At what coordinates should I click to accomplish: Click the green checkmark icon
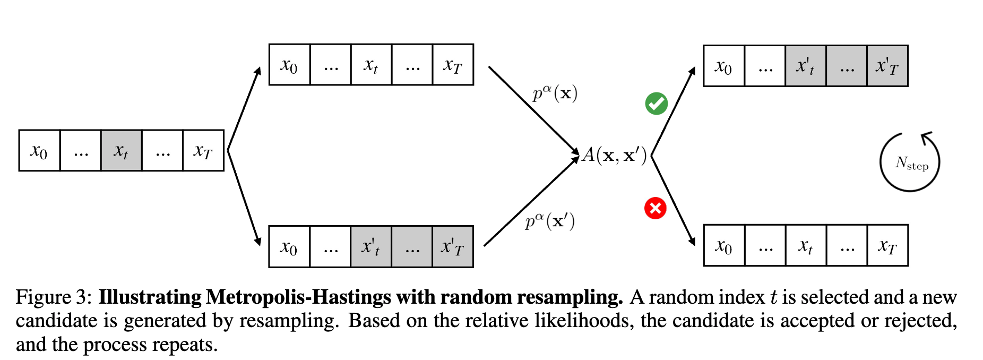(x=656, y=104)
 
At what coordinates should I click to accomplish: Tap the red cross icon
(x=655, y=208)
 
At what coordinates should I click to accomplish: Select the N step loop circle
(x=910, y=162)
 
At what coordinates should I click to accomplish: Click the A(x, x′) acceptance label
(x=615, y=155)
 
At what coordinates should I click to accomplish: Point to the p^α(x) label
(x=555, y=93)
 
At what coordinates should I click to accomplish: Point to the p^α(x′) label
(x=550, y=221)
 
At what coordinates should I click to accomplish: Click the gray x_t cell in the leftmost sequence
(x=121, y=151)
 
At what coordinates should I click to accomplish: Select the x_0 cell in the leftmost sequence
(x=39, y=151)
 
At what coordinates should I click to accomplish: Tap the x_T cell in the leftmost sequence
(x=203, y=151)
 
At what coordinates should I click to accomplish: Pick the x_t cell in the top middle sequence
(x=371, y=65)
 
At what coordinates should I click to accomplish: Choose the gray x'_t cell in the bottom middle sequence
(x=371, y=247)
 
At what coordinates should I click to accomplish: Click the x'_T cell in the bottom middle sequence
(x=453, y=247)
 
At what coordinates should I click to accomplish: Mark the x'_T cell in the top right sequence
(x=887, y=66)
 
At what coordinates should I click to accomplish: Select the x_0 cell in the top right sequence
(x=724, y=66)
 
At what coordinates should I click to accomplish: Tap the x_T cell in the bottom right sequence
(x=887, y=246)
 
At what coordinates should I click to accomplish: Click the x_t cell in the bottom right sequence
(x=806, y=246)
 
